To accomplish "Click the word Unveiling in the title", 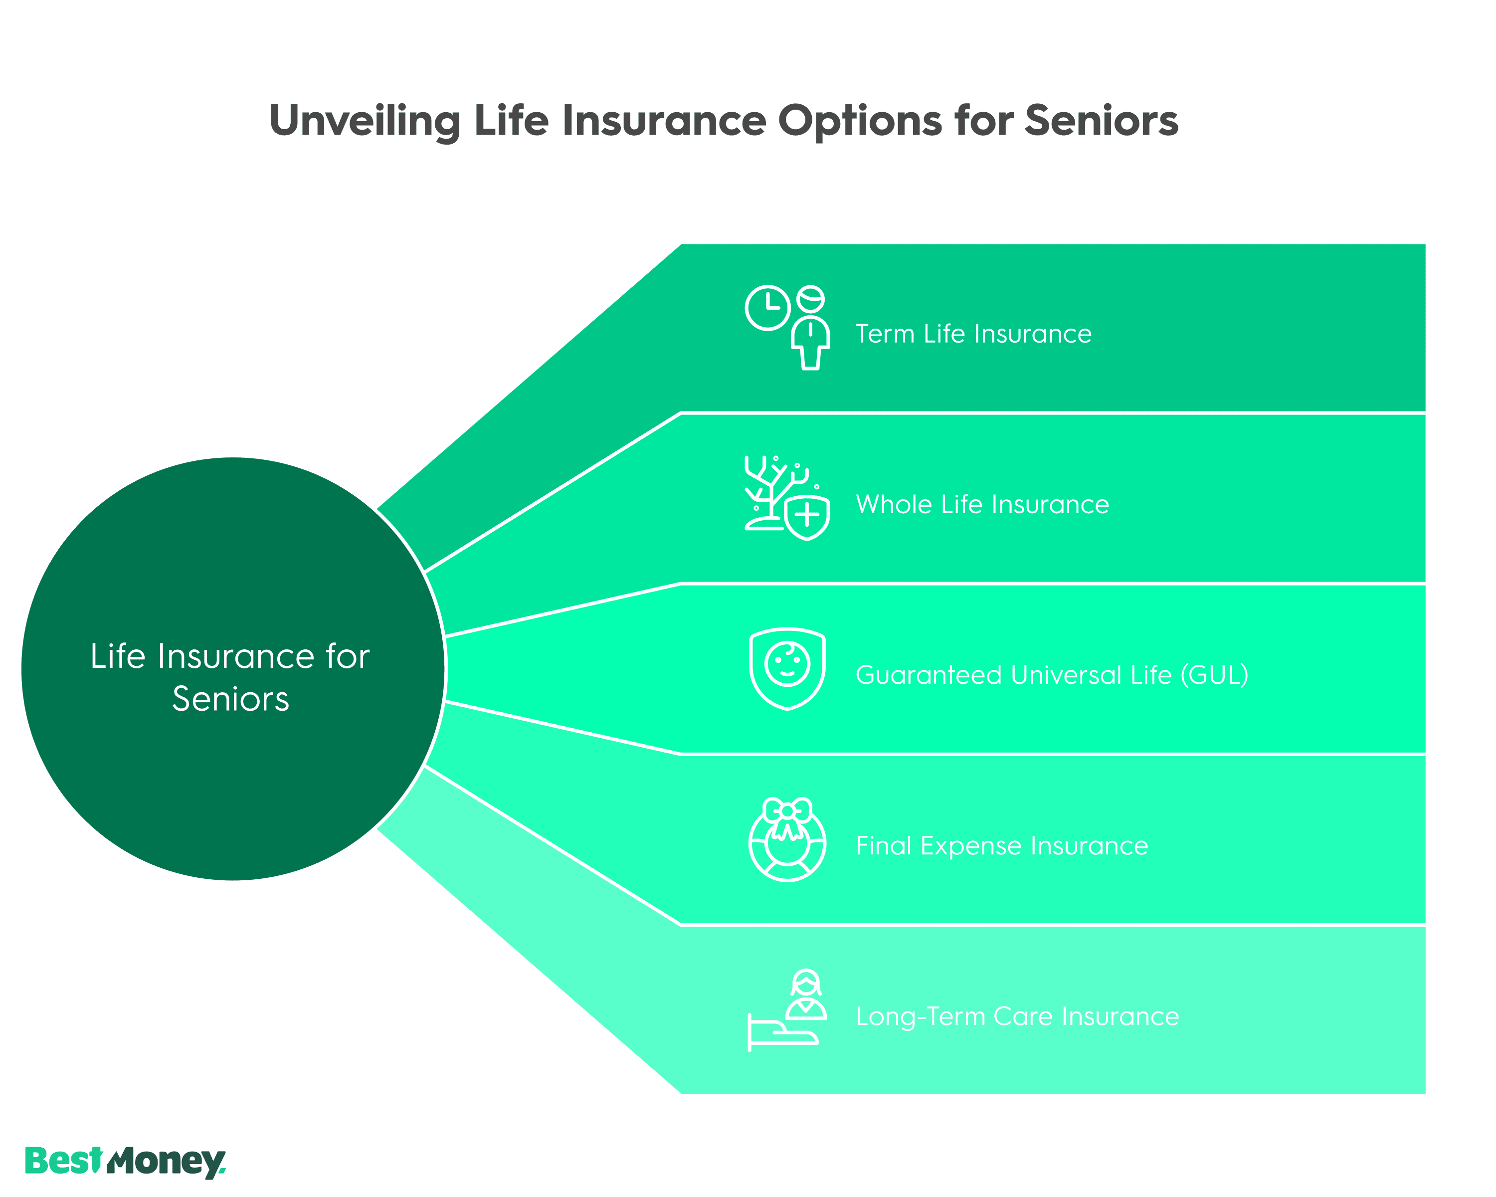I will pyautogui.click(x=365, y=121).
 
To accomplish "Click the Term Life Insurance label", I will pyautogui.click(x=973, y=334).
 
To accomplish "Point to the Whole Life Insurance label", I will pyautogui.click(x=982, y=504).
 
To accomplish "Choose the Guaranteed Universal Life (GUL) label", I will pyautogui.click(x=1051, y=675).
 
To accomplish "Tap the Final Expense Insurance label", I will pyautogui.click(x=1001, y=846).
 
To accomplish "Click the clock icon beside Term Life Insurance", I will pyautogui.click(x=767, y=307).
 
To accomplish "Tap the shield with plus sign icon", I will pyautogui.click(x=807, y=516).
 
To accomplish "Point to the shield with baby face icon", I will pyautogui.click(x=787, y=668).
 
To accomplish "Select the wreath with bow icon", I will pyautogui.click(x=787, y=839).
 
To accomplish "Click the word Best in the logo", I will pyautogui.click(x=63, y=1161).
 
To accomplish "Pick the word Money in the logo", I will pyautogui.click(x=167, y=1162).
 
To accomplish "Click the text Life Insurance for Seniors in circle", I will pyautogui.click(x=230, y=677).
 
